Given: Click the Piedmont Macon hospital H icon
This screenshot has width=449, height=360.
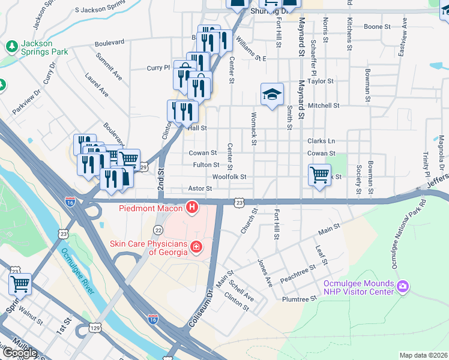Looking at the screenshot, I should [192, 208].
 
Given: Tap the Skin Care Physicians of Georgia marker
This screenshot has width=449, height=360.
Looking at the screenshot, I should [195, 247].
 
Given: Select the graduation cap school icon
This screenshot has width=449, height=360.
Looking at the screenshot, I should [271, 94].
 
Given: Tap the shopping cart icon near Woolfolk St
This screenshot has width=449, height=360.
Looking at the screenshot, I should [319, 175].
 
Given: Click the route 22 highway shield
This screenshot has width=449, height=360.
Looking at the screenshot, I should [158, 230].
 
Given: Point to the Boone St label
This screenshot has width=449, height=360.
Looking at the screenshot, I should [377, 27].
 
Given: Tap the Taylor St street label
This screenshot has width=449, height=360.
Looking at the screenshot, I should [320, 81].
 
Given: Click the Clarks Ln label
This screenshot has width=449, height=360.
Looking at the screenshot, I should [321, 141].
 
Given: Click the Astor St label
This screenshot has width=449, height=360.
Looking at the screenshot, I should [201, 188].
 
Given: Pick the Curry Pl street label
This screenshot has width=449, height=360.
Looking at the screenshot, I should [159, 68].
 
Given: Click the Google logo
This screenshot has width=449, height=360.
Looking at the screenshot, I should [20, 353].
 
